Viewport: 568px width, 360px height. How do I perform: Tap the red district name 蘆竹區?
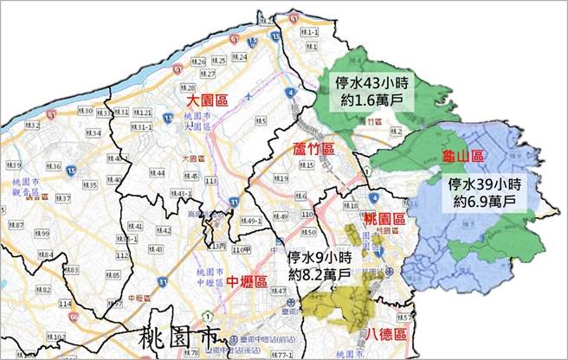(x=313, y=150)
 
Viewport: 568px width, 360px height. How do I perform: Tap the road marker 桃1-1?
(x=310, y=31)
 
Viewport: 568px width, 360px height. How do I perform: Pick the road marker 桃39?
(x=15, y=164)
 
